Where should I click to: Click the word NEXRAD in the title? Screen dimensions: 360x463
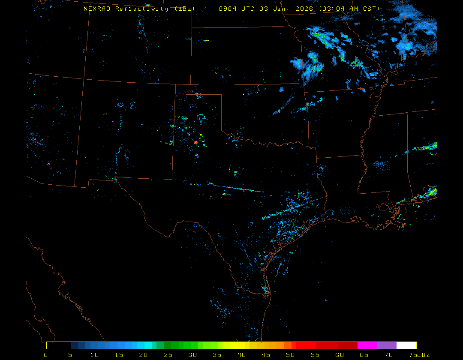click(x=97, y=9)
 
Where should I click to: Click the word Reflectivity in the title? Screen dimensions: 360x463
click(x=142, y=9)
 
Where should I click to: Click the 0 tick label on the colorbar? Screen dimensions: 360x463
click(x=46, y=355)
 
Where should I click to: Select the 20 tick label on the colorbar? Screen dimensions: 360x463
click(x=143, y=355)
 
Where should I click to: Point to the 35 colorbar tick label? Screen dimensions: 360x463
click(x=217, y=355)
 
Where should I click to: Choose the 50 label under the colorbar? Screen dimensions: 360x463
click(x=291, y=355)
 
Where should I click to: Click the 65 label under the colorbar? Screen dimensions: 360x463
click(x=364, y=355)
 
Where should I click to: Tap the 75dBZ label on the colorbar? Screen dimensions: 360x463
click(x=419, y=355)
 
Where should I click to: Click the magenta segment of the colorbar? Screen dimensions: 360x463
click(x=367, y=345)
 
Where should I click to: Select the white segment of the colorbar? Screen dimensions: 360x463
click(x=406, y=345)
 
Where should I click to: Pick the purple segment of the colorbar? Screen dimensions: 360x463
click(x=387, y=345)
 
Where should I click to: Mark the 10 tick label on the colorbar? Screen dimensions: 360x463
click(x=94, y=355)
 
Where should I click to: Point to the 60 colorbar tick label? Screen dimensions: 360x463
click(x=340, y=355)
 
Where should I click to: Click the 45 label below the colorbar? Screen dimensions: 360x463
click(x=266, y=355)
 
